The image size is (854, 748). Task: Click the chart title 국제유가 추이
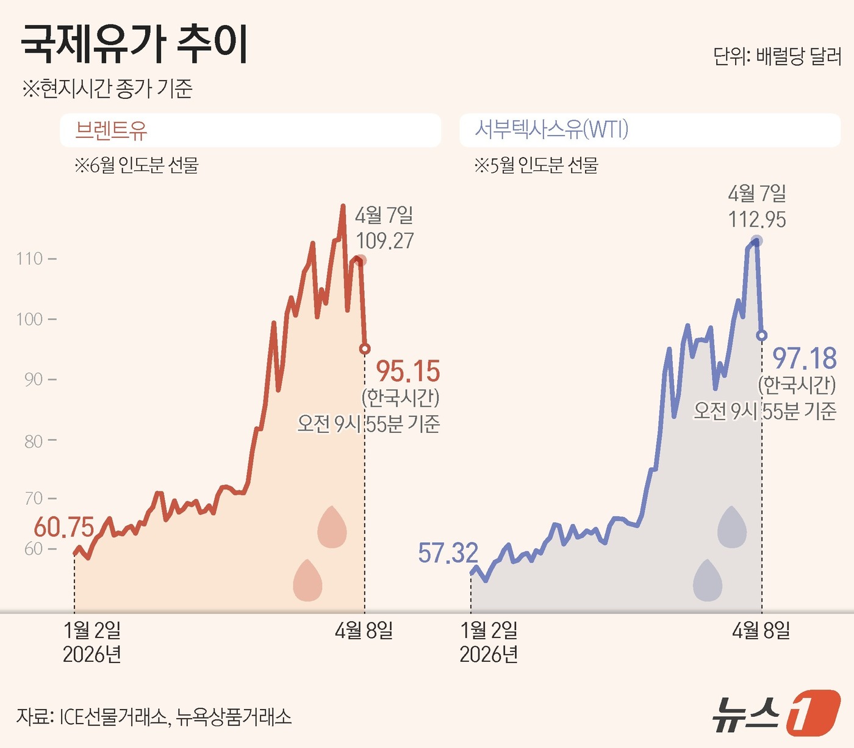click(134, 44)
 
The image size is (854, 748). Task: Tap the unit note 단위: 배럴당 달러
click(777, 56)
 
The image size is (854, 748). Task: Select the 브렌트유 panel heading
click(111, 130)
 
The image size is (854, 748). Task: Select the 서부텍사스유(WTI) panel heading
click(551, 129)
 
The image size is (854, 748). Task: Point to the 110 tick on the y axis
click(30, 259)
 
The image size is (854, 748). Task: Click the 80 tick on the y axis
click(34, 441)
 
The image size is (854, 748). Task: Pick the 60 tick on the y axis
click(34, 549)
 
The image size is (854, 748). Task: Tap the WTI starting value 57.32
click(448, 553)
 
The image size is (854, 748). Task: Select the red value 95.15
click(407, 371)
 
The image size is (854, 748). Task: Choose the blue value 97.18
click(804, 358)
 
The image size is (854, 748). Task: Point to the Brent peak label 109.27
click(384, 241)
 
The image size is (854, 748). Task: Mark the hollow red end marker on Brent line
click(365, 349)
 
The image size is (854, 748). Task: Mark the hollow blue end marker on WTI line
click(761, 335)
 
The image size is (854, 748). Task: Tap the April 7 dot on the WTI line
click(757, 241)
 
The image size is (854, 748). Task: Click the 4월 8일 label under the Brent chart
click(364, 630)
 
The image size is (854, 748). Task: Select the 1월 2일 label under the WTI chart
click(489, 630)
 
